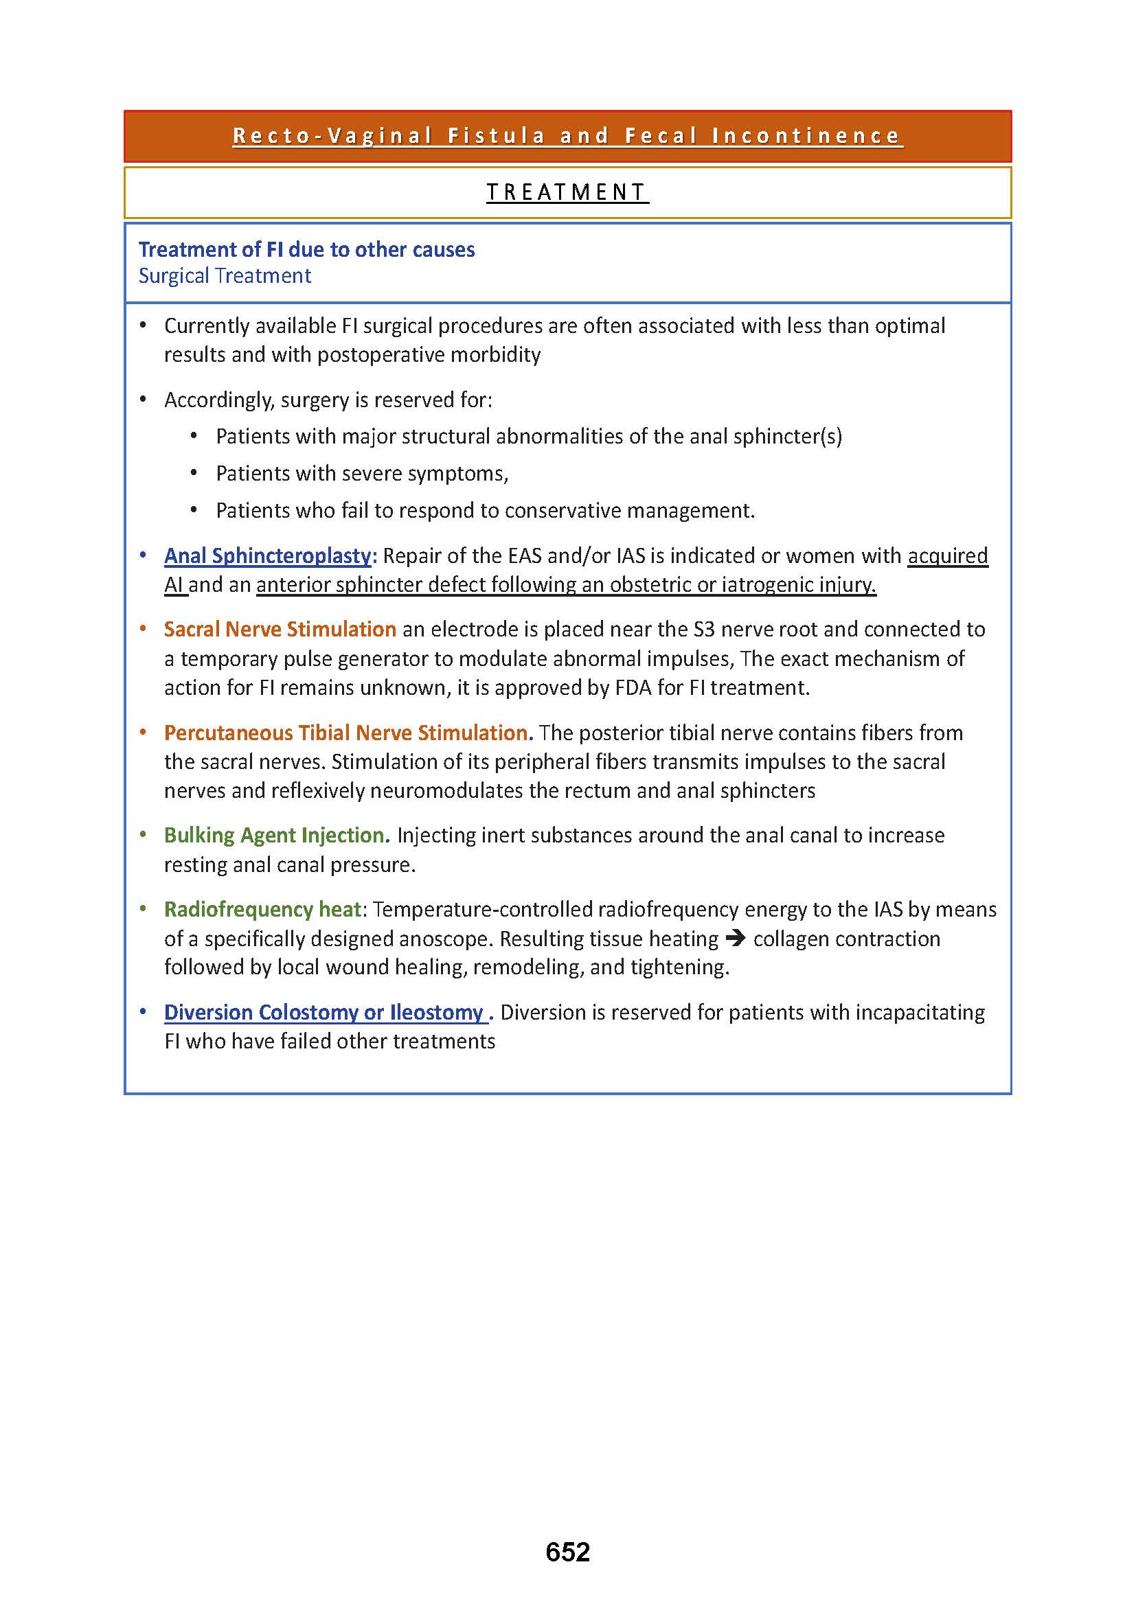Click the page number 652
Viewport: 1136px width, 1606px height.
[x=567, y=1552]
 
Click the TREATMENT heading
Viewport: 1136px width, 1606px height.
[x=567, y=192]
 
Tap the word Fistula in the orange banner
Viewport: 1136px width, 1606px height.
[x=496, y=136]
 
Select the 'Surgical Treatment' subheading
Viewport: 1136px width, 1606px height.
[x=225, y=276]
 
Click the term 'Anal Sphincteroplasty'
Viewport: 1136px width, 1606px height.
[x=270, y=556]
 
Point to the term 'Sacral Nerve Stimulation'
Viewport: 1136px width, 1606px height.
[x=280, y=630]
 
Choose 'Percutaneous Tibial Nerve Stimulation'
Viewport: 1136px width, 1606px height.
[x=348, y=733]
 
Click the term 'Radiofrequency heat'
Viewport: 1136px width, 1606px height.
[x=262, y=909]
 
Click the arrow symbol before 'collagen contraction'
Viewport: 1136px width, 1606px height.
[x=735, y=939]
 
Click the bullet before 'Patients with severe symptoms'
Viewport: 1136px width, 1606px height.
[x=194, y=474]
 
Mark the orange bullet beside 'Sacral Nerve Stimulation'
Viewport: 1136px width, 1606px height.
[x=143, y=629]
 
